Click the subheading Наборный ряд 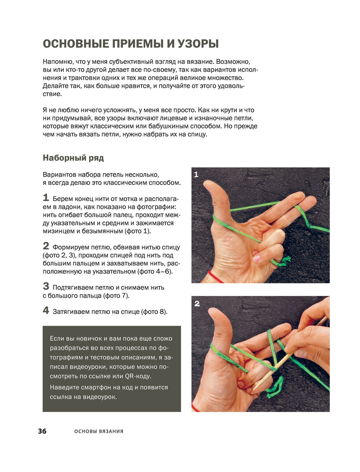tap(73, 158)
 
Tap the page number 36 tap(42, 431)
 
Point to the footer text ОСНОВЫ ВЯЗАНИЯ tap(99, 431)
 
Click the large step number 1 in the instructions tap(46, 198)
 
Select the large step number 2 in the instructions tap(46, 246)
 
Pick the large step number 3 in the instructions tap(46, 286)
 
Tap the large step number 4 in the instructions tap(46, 310)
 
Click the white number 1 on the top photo tap(196, 174)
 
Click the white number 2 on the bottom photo tap(197, 304)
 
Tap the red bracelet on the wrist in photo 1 tap(215, 277)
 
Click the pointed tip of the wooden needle tap(255, 389)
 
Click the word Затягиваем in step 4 tap(71, 312)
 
